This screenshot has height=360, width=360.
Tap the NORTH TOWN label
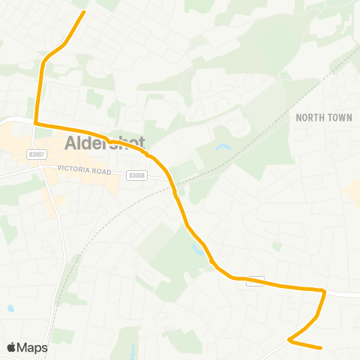[x=323, y=118]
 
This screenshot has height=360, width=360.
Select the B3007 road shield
[x=35, y=154]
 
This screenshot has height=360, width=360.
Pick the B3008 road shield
[x=136, y=175]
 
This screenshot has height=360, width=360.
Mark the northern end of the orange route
[x=83, y=11]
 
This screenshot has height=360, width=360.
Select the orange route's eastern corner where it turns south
[x=324, y=290]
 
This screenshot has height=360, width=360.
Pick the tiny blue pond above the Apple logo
[x=10, y=308]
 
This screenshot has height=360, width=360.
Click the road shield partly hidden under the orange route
[x=255, y=280]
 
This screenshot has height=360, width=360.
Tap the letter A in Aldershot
[x=72, y=143]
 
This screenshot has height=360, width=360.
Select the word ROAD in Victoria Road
[x=102, y=170]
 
